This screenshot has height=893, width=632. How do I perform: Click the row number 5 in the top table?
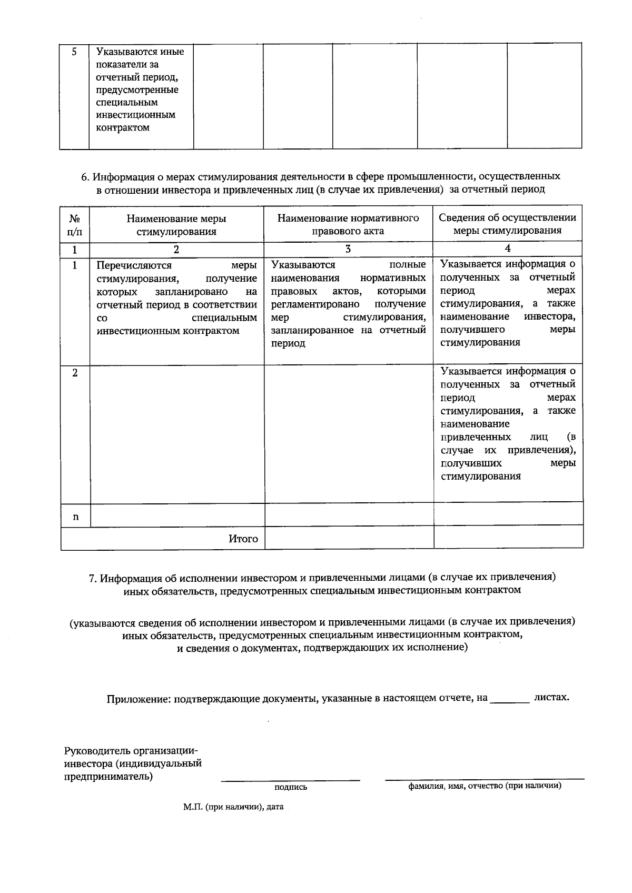point(74,52)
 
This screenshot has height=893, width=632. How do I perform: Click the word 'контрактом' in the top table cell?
point(123,127)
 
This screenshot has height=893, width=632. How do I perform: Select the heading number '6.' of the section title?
point(86,176)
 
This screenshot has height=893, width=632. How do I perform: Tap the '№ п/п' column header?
point(75,224)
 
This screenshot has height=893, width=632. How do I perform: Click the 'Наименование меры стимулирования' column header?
point(176,225)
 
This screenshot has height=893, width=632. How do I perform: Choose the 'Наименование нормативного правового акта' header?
point(348,224)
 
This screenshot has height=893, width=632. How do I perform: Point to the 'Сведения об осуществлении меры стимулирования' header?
point(507,224)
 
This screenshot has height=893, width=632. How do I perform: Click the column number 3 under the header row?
point(348,249)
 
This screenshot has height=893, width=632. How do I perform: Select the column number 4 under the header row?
point(508,249)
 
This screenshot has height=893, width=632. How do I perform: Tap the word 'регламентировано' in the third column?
point(315,304)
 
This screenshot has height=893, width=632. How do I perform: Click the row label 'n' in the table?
point(75,517)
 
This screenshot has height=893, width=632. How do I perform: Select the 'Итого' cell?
point(243,539)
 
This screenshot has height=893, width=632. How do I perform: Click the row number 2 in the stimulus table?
point(75,373)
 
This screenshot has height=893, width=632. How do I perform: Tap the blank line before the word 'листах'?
point(509,700)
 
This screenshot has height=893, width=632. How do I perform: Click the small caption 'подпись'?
point(291,787)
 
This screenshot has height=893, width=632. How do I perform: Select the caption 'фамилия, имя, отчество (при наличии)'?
point(485,786)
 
